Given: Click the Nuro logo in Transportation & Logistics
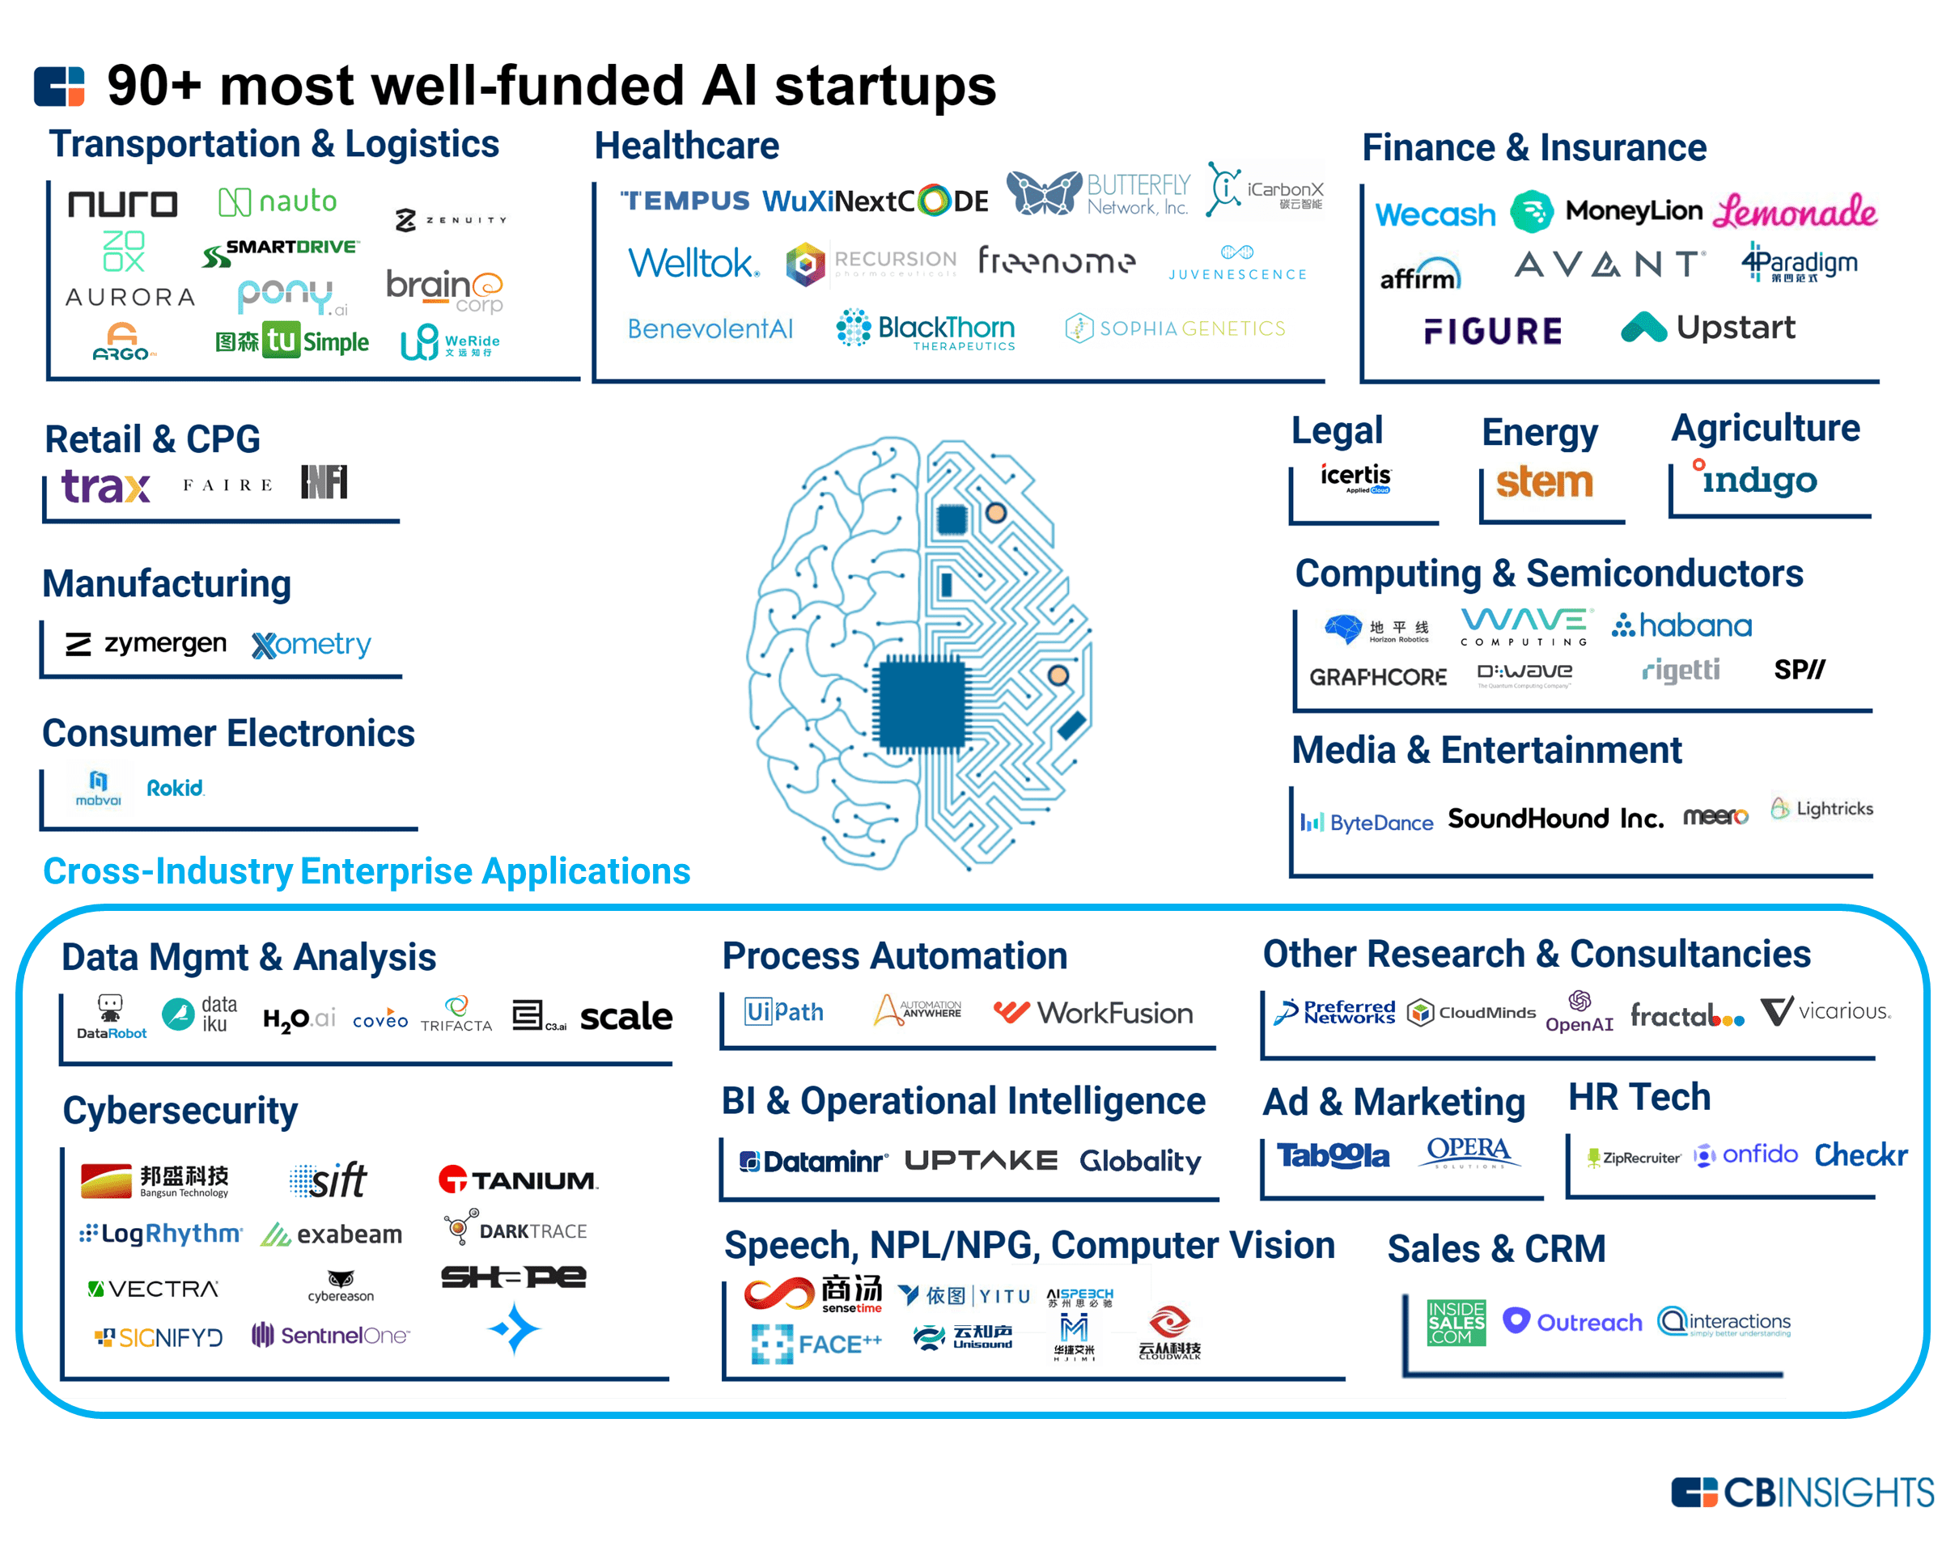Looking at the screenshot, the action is tap(123, 204).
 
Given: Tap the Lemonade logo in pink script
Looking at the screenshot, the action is tap(1795, 213).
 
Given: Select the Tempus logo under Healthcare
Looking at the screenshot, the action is tap(685, 201).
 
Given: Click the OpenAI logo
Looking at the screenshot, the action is tap(1579, 1013).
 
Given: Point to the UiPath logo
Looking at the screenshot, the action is tap(783, 1012).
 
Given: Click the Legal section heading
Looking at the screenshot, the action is tap(1336, 430).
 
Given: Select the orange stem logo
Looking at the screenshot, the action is tap(1544, 482).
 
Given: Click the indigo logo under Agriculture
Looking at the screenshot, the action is tap(1756, 478).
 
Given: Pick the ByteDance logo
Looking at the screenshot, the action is tap(1367, 822).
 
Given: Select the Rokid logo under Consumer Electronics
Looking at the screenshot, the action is tap(175, 788).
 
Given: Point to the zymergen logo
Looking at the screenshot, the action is tap(146, 644).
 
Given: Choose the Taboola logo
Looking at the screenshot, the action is tap(1333, 1155).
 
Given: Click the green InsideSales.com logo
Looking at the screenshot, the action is tap(1456, 1323).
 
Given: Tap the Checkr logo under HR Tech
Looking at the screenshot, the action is tap(1859, 1154).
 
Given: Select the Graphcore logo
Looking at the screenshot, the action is tap(1378, 677).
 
